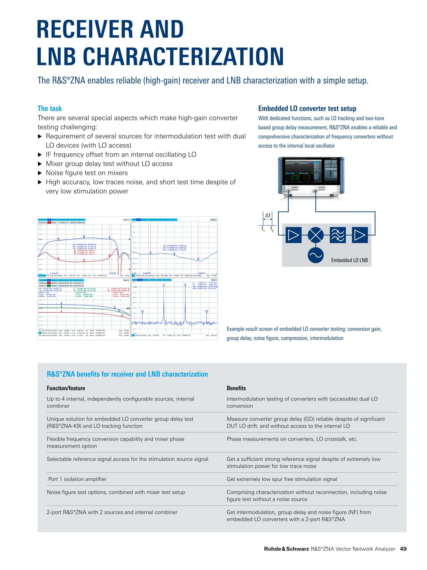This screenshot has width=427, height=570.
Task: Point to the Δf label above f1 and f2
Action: (268, 215)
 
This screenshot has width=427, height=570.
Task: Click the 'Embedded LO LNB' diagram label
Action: (349, 260)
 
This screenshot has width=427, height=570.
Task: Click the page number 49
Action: (403, 556)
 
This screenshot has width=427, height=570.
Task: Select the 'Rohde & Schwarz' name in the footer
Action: (286, 556)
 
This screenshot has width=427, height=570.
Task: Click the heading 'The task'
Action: (50, 108)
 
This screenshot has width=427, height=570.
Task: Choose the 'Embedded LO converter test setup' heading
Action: (307, 108)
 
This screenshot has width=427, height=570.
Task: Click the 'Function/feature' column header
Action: (66, 388)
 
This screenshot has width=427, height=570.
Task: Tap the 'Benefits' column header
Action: (236, 388)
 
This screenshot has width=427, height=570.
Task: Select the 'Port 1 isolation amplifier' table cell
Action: (77, 479)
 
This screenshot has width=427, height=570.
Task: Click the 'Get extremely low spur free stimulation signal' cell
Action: (282, 479)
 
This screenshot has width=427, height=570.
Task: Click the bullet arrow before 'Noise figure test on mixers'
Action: (40, 173)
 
